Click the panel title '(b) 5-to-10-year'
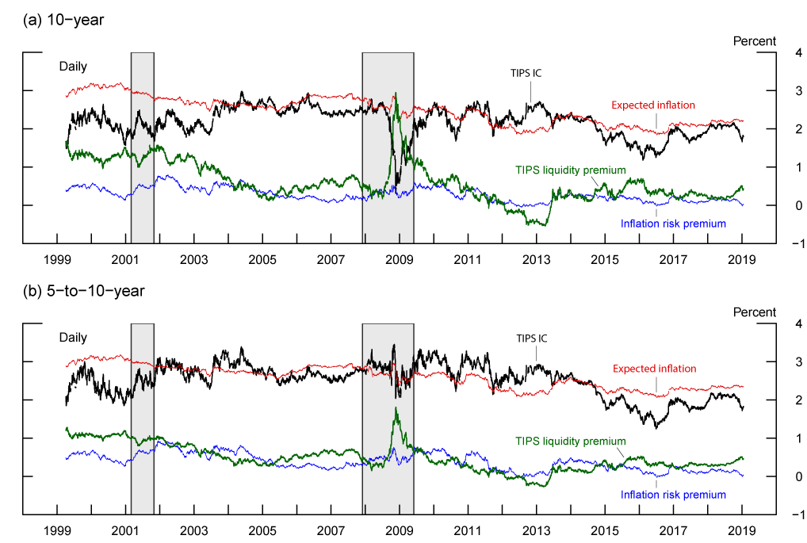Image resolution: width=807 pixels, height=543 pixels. [82, 291]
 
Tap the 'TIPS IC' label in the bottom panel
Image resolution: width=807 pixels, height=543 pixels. [531, 338]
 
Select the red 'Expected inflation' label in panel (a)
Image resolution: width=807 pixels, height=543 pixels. [652, 105]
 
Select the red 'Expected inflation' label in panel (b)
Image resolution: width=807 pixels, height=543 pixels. [654, 369]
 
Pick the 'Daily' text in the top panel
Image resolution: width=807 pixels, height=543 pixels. [73, 67]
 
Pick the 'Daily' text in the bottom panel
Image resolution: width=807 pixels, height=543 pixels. [73, 338]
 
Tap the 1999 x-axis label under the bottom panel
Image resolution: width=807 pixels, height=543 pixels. [57, 530]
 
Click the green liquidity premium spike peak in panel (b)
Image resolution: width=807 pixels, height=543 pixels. [395, 409]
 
